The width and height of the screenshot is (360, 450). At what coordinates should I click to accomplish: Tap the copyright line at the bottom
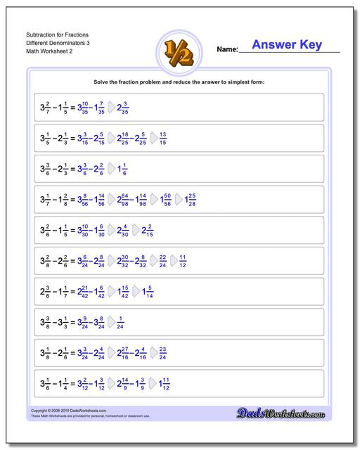63,410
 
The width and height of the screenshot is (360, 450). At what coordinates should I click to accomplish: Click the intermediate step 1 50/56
163,199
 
